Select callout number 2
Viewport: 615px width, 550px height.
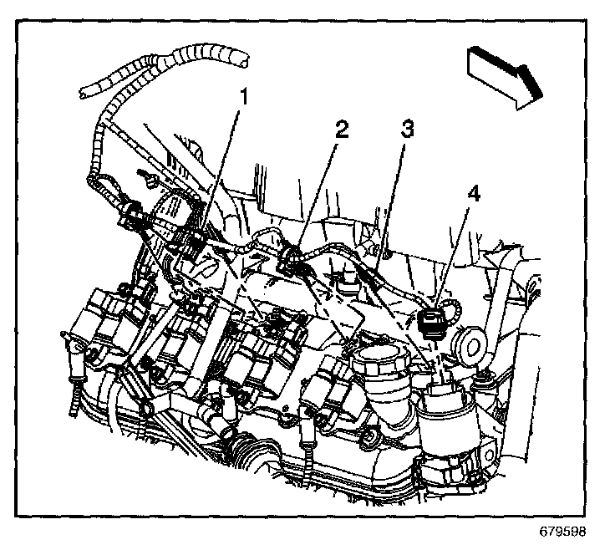[340, 130]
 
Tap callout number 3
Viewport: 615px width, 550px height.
[407, 130]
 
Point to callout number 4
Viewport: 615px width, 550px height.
[474, 194]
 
